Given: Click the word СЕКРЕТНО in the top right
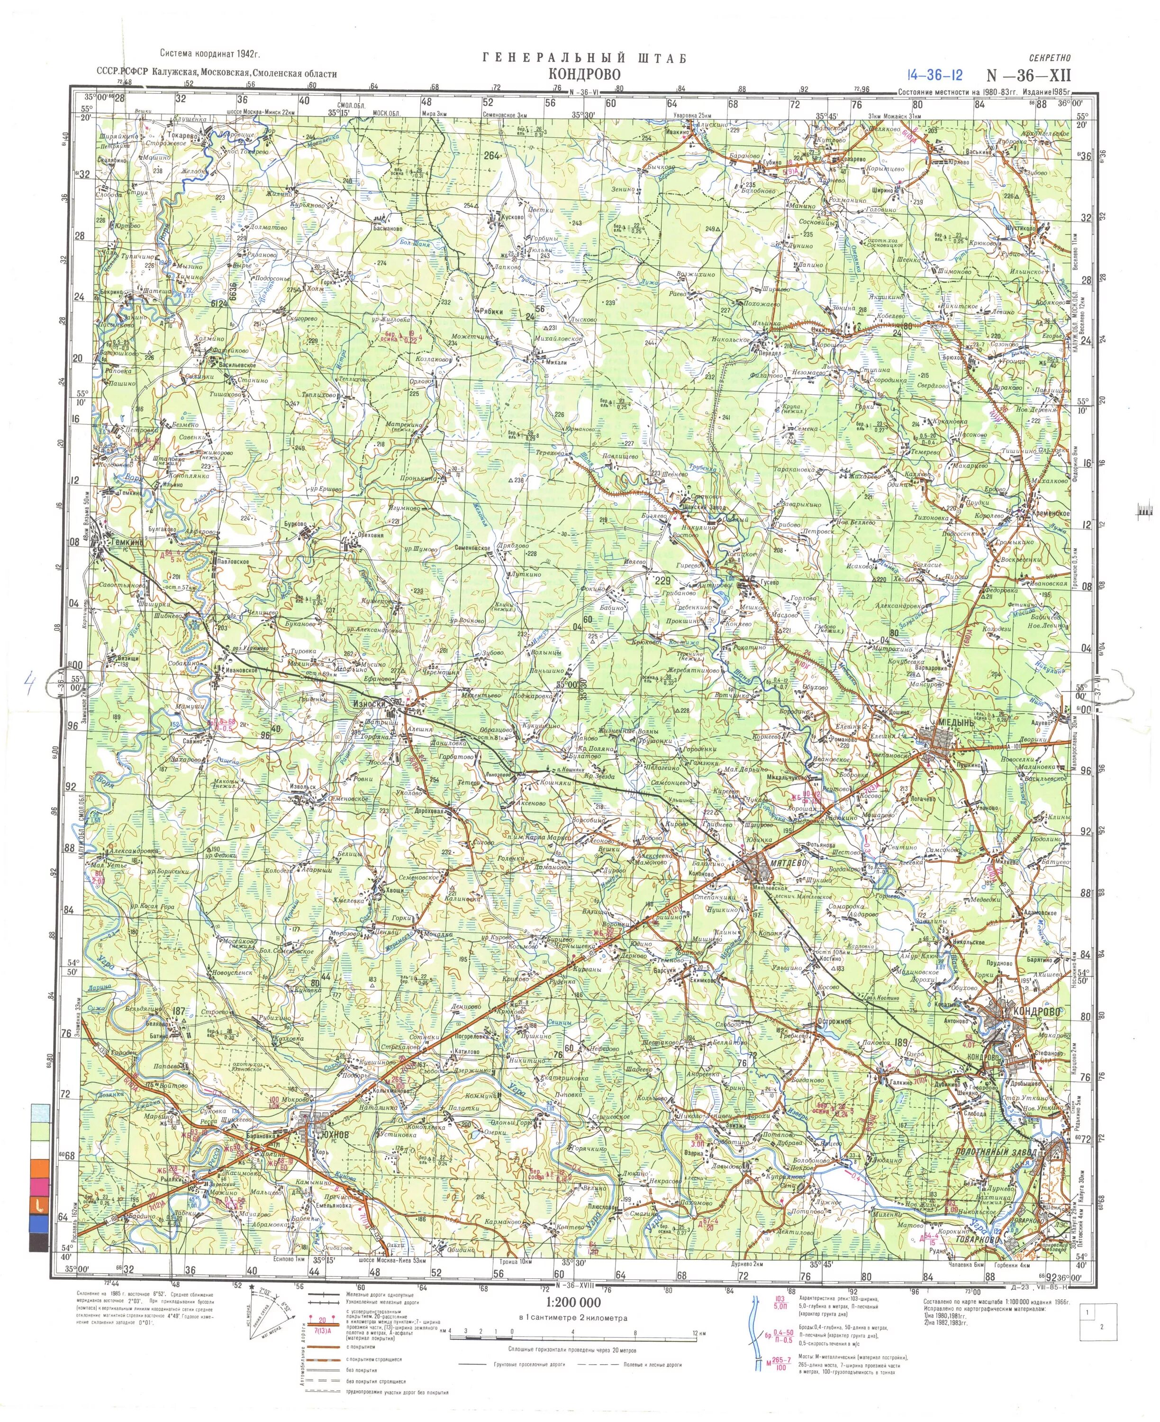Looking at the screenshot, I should click(1050, 58).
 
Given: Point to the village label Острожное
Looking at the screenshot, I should click(833, 1022).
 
